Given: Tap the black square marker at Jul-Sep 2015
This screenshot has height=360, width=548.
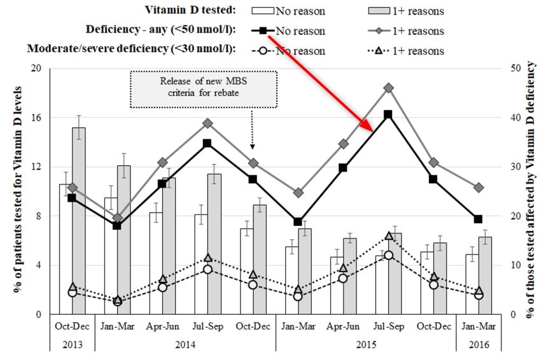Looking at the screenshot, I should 388,114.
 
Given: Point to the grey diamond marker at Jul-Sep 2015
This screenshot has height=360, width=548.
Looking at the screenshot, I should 388,88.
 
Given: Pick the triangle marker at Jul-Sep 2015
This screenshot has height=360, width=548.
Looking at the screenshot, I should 388,236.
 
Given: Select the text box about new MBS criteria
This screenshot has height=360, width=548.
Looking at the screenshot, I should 203,88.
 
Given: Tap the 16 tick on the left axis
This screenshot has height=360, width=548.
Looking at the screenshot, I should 34,118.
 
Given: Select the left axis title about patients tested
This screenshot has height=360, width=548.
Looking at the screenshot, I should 15,191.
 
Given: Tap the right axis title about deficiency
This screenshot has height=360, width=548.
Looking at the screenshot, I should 532,191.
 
